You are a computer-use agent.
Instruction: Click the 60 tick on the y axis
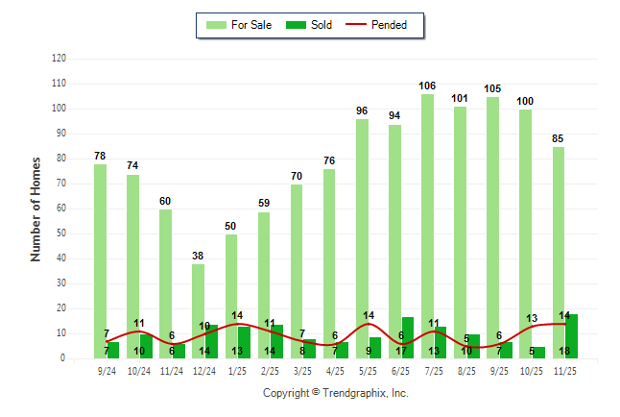[61, 208]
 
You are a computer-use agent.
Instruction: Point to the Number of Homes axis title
[36, 208]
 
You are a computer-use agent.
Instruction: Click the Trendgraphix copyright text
[336, 393]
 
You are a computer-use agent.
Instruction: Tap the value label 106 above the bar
[427, 86]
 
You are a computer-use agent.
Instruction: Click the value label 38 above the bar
[198, 256]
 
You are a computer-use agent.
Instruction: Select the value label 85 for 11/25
[558, 138]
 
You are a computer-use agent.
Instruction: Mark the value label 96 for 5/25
[362, 110]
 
